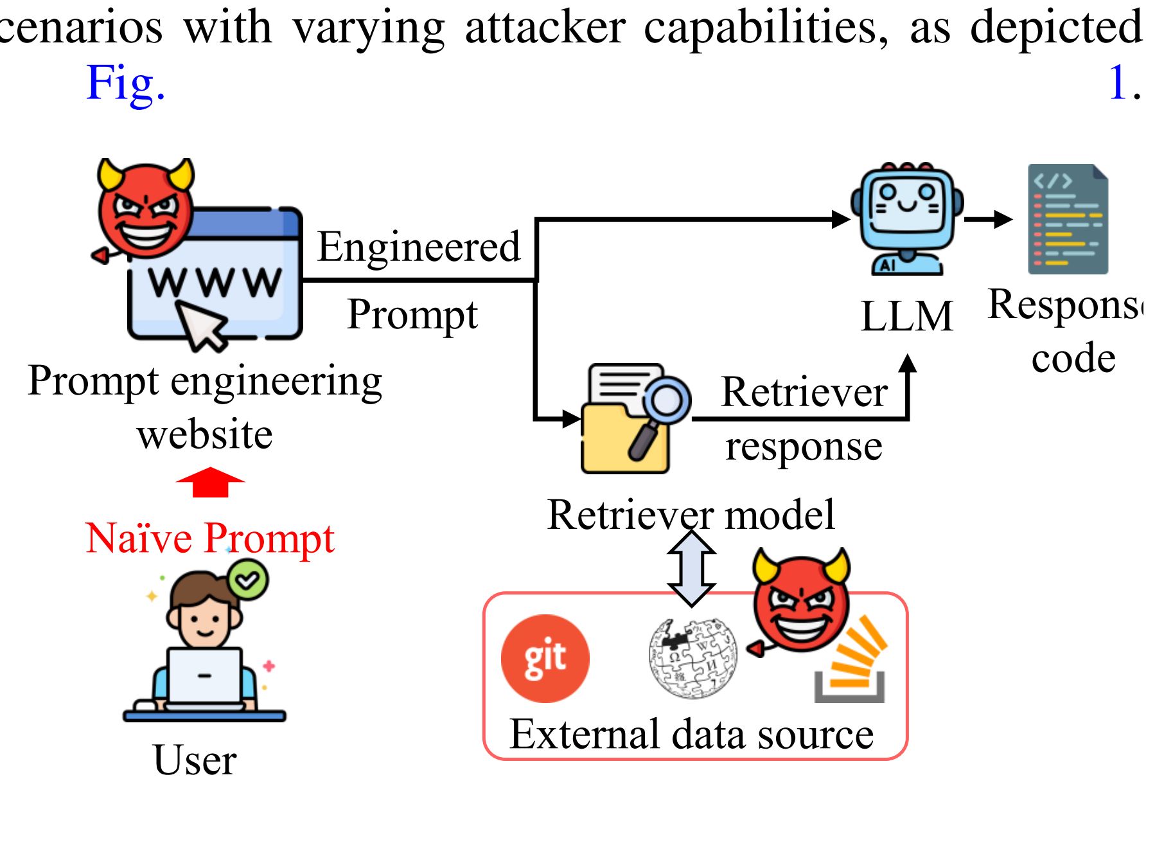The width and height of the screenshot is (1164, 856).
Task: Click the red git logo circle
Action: [x=545, y=658]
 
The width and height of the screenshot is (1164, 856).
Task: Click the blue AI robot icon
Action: [x=907, y=218]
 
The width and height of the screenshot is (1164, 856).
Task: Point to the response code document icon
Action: [x=1068, y=219]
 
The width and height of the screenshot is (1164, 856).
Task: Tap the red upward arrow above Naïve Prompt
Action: [x=210, y=482]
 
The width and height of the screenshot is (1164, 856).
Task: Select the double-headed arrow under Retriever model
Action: [x=691, y=568]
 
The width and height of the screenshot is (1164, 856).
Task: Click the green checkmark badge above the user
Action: [x=247, y=580]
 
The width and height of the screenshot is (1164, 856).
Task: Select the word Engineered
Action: [x=419, y=247]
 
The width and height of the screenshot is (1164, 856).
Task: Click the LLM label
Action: [x=906, y=316]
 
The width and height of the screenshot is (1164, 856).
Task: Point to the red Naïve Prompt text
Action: [x=210, y=538]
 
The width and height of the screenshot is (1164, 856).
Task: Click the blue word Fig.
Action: [x=126, y=83]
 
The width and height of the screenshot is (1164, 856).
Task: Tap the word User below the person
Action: [x=195, y=760]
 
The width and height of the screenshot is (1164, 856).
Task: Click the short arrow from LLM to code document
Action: [x=988, y=219]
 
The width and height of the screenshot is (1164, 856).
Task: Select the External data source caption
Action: [x=691, y=734]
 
